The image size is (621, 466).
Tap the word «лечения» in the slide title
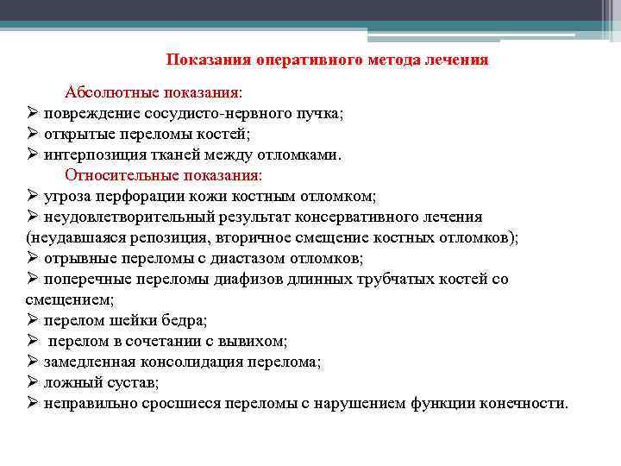(x=457, y=60)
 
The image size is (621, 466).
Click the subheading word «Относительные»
(x=118, y=175)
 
